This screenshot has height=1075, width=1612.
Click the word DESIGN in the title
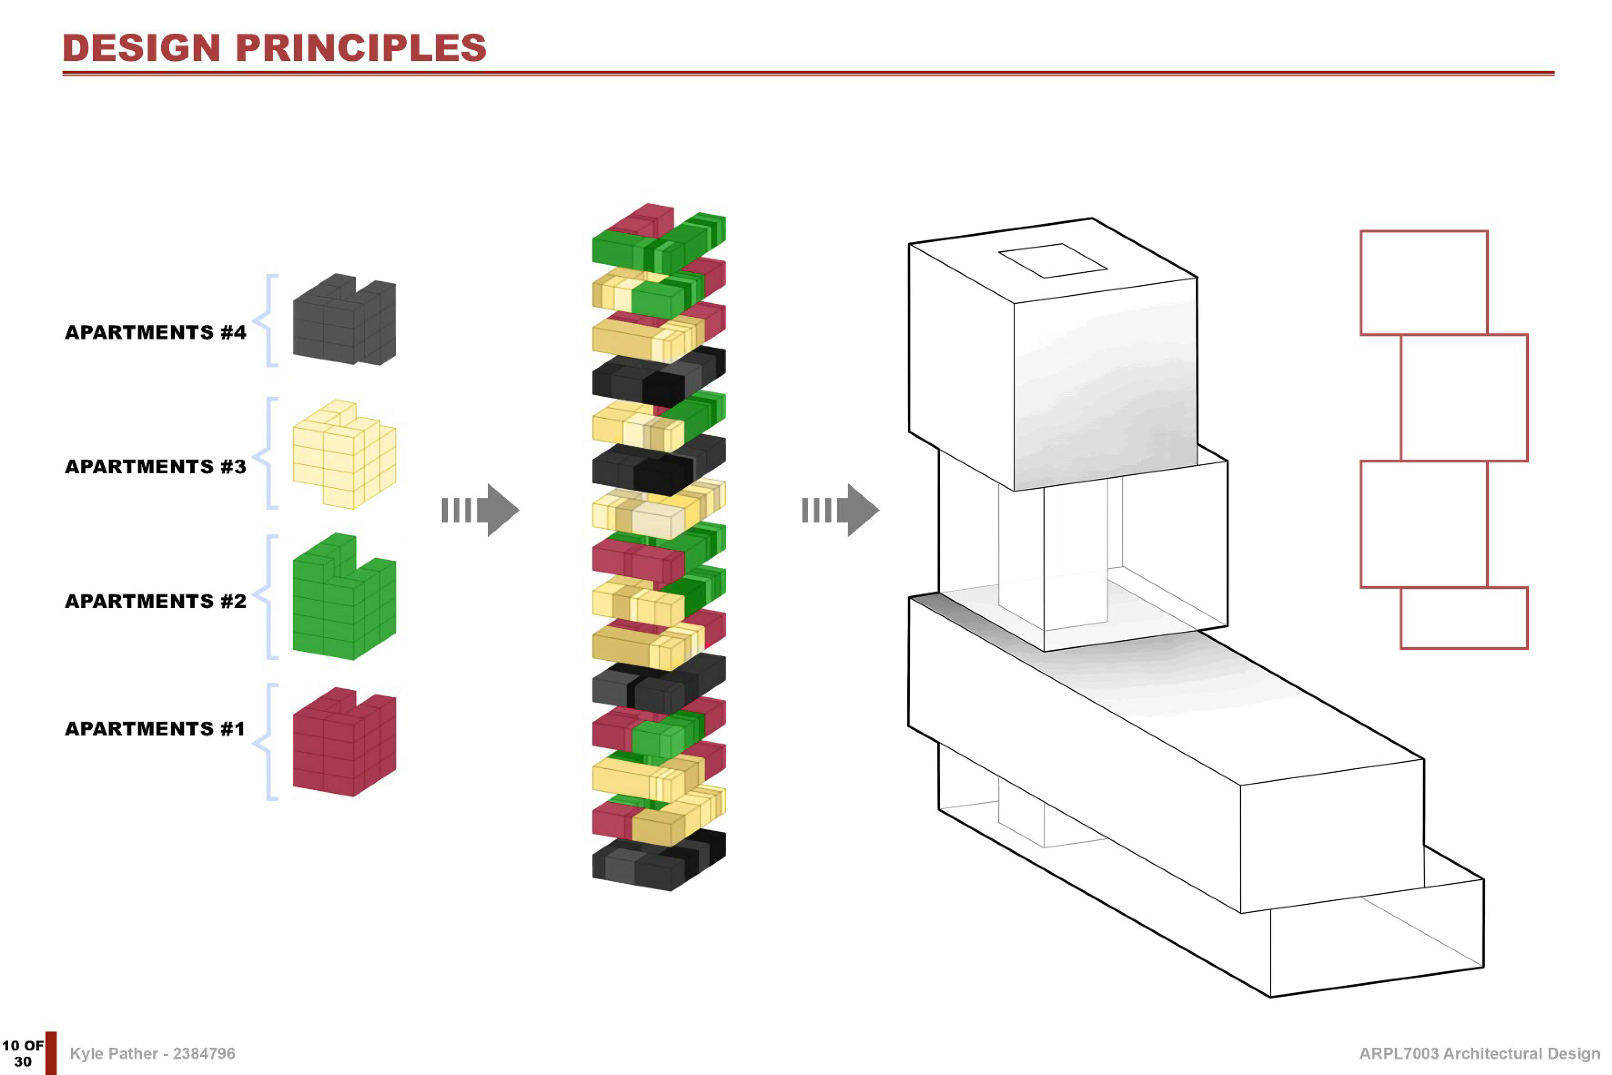(x=141, y=47)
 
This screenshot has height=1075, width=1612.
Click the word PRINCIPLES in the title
(x=361, y=47)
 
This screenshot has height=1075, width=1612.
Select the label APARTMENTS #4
(x=156, y=333)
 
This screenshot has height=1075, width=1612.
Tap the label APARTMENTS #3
(x=156, y=467)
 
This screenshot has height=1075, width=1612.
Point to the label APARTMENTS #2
(x=156, y=601)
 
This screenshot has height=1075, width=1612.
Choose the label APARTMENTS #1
(x=155, y=729)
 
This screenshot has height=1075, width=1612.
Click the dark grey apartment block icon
(x=344, y=319)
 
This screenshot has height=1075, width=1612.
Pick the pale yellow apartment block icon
(x=344, y=454)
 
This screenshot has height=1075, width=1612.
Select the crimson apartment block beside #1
(x=344, y=742)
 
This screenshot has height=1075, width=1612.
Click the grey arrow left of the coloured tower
(x=480, y=510)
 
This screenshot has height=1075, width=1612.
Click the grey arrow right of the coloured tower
(x=840, y=510)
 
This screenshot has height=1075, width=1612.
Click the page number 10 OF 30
(x=23, y=1053)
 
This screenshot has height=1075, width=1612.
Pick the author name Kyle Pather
(x=114, y=1054)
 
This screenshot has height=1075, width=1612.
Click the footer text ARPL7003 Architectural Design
(x=1479, y=1054)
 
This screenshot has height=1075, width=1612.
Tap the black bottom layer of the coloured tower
(x=659, y=861)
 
